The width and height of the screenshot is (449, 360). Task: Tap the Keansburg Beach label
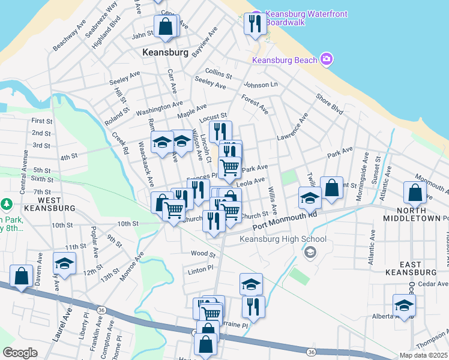(x=285, y=60)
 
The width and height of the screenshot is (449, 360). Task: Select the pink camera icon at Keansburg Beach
(x=327, y=58)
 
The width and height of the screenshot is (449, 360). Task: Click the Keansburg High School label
(x=283, y=239)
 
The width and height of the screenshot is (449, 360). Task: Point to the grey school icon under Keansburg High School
(x=309, y=252)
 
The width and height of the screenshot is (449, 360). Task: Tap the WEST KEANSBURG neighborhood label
(x=48, y=203)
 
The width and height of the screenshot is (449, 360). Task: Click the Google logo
(x=20, y=353)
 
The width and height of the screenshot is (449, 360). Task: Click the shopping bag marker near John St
(x=165, y=27)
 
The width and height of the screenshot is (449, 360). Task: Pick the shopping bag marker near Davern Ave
(x=22, y=277)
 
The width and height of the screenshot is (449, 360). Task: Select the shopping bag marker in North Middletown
(x=415, y=193)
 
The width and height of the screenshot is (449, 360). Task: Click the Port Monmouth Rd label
(x=285, y=221)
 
